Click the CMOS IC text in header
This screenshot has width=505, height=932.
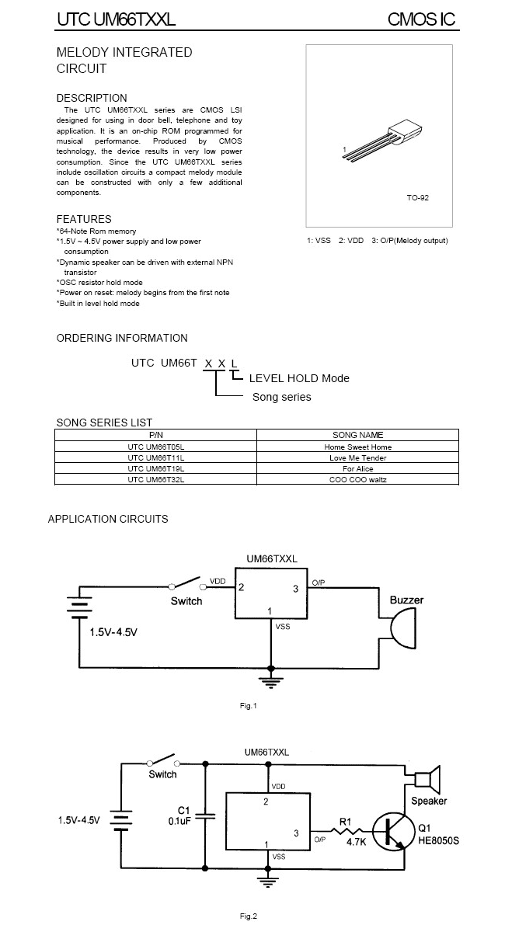coord(422,19)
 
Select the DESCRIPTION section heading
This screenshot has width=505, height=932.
coord(92,98)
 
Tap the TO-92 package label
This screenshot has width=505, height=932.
coord(417,198)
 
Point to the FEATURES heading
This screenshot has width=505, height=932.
coord(84,219)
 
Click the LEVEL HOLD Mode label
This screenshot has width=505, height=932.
coord(299,378)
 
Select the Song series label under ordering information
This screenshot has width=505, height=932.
coord(281,397)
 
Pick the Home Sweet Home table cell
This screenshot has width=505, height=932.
coord(357,447)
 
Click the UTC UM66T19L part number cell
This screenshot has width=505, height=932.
coord(155,468)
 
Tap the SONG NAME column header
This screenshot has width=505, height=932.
coord(357,435)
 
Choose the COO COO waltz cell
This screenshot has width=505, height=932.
coord(357,479)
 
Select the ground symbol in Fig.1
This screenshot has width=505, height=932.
coord(270,681)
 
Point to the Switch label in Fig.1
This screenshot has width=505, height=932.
coord(186,601)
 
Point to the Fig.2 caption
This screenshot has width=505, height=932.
coord(248,916)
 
